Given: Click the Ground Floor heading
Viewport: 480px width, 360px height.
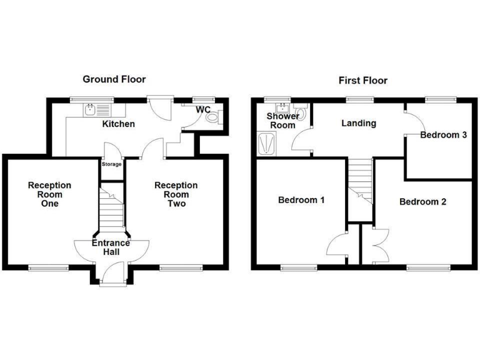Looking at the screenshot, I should (114, 79).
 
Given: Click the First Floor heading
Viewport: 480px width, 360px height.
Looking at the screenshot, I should (362, 80).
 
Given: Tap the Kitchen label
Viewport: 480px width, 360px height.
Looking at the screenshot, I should (118, 124).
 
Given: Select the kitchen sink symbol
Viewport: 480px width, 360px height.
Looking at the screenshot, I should (91, 111).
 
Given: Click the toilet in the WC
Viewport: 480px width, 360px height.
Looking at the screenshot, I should (212, 117).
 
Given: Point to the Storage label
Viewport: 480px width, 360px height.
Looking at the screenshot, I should (112, 164).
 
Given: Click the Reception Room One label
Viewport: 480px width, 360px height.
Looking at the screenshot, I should (49, 194).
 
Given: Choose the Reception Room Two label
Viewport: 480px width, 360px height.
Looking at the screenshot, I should (176, 194).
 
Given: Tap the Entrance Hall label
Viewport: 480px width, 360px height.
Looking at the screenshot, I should (111, 247).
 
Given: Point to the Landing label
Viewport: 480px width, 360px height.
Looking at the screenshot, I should (358, 123).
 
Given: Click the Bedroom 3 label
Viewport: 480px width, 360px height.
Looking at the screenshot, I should (444, 135).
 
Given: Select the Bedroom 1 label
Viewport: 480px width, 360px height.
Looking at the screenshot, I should (301, 201).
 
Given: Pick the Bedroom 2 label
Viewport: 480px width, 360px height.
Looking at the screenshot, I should (422, 202).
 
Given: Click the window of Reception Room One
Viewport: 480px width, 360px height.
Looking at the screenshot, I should (48, 268).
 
